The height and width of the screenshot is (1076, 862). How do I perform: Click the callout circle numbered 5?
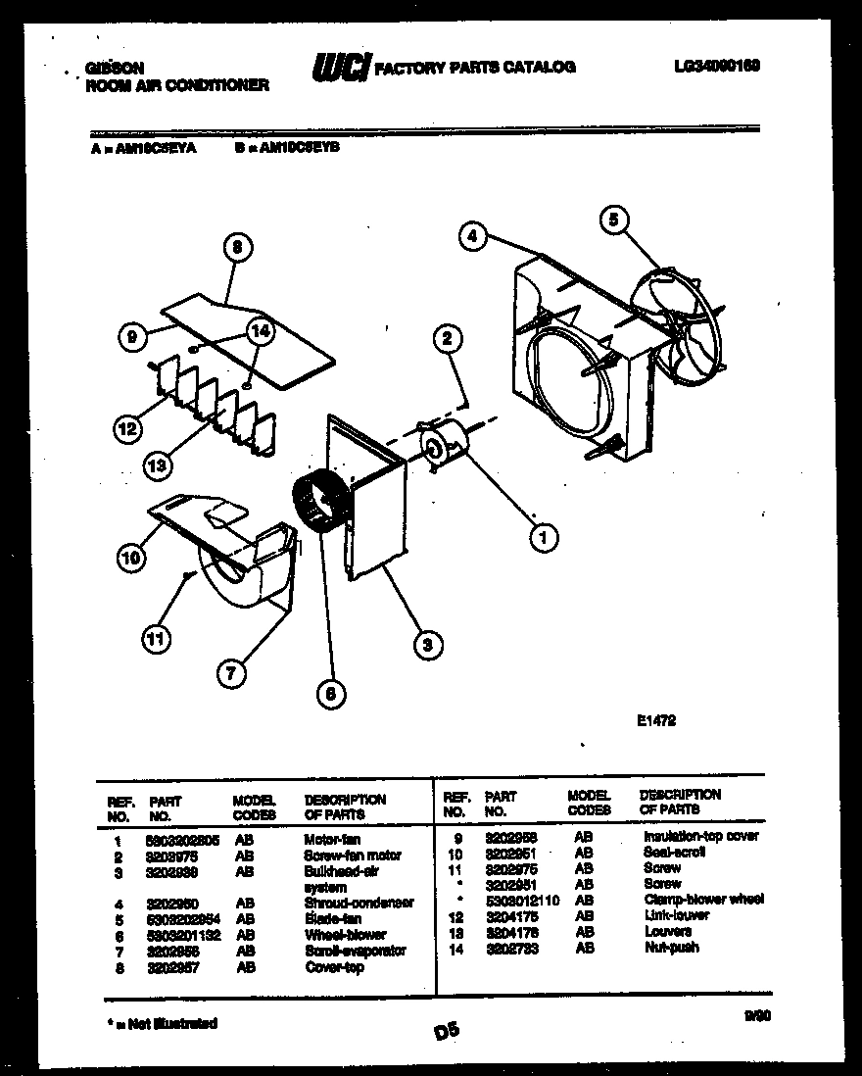[x=613, y=220]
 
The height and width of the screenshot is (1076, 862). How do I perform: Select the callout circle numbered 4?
[x=472, y=235]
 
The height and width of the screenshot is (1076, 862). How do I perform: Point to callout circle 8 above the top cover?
[x=236, y=249]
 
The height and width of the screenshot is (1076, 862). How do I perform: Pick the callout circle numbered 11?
[x=155, y=641]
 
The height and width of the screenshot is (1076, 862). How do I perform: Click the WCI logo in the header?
[x=339, y=68]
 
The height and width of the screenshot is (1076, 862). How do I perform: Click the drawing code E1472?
[x=656, y=720]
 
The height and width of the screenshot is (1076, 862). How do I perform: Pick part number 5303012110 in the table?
[x=522, y=900]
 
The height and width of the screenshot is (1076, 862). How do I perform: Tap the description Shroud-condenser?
[x=359, y=903]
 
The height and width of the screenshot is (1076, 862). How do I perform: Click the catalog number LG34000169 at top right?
[x=717, y=67]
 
